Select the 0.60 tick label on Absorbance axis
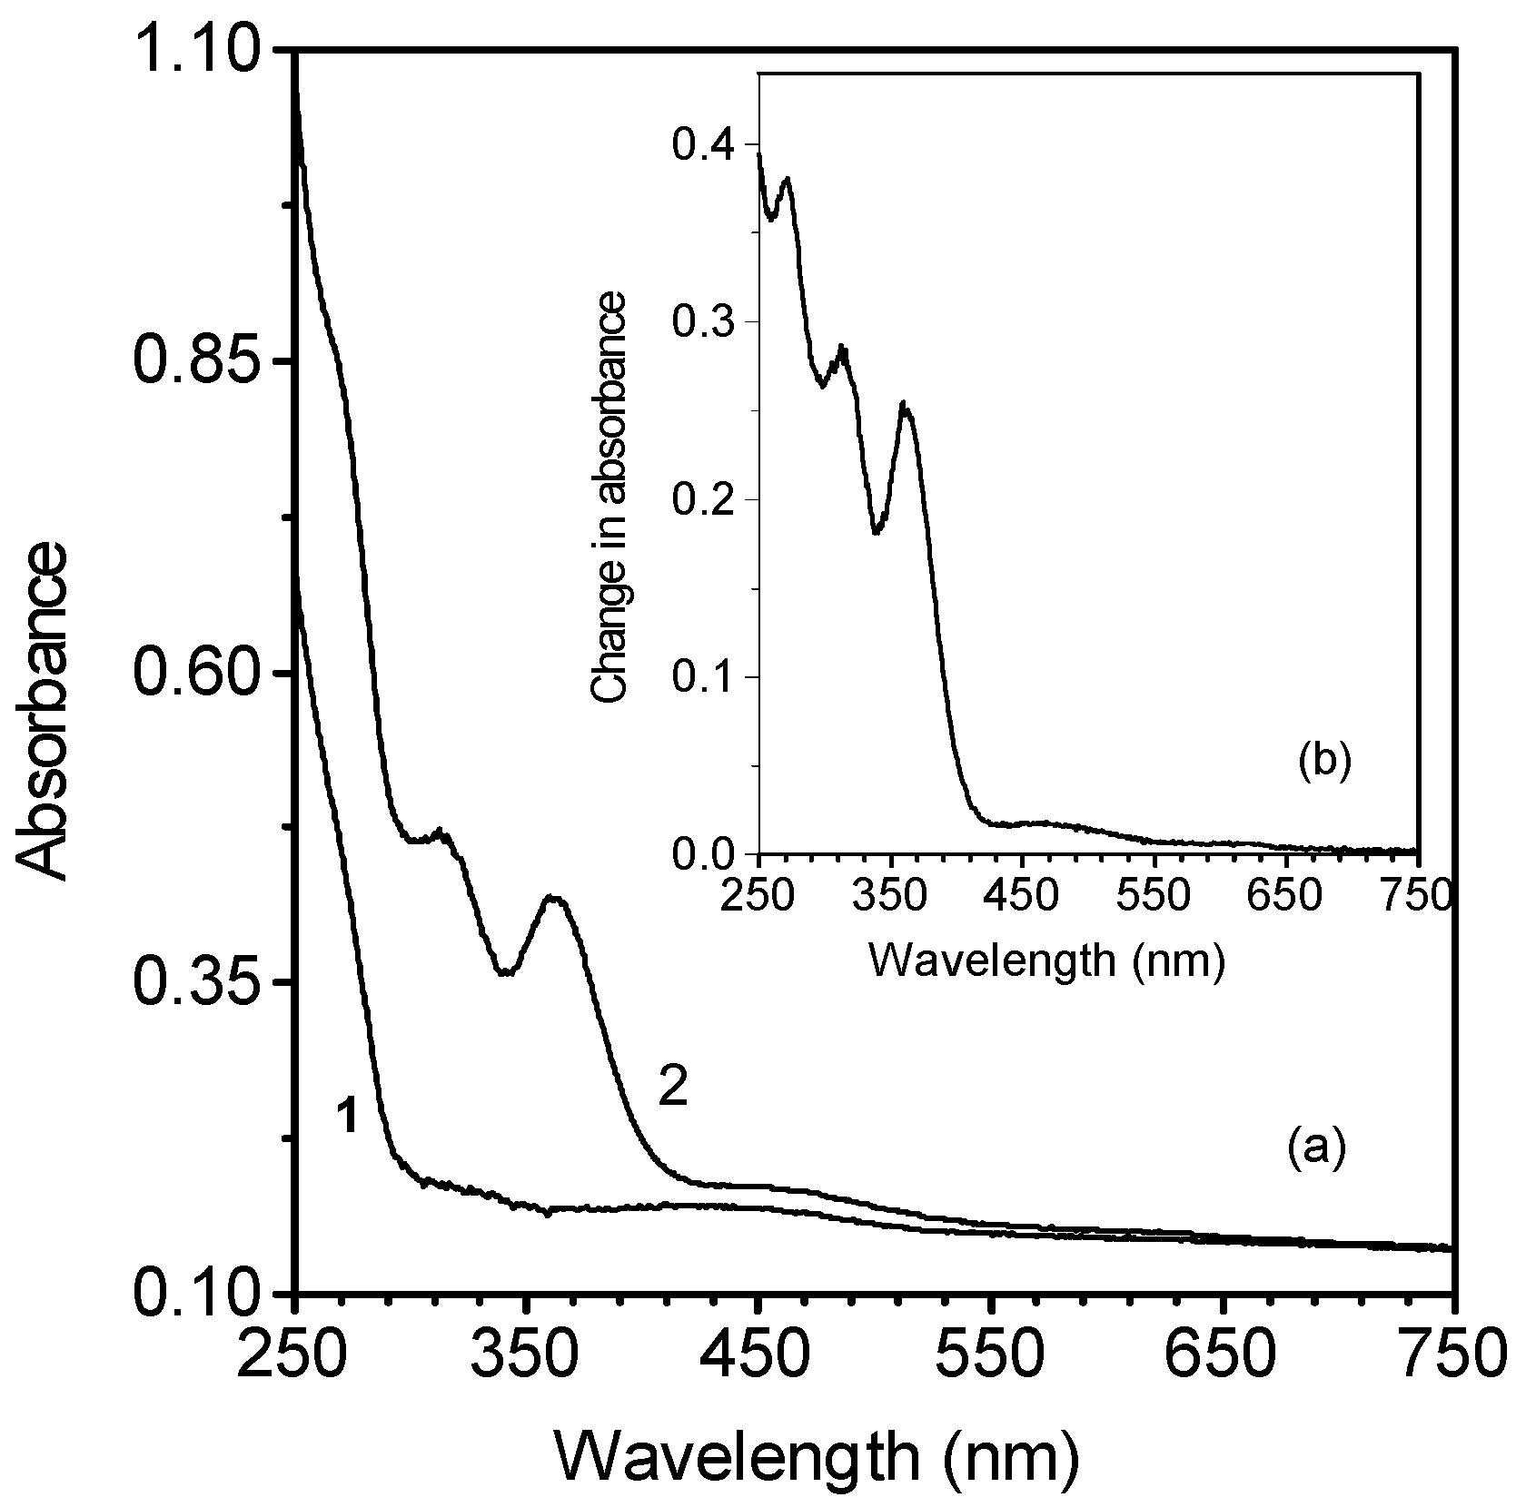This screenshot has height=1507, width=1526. pos(196,674)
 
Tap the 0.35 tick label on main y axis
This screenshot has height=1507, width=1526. pos(196,982)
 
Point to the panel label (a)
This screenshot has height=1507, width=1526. pos(1315,1148)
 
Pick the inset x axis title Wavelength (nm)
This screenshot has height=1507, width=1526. pos(1047,959)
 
